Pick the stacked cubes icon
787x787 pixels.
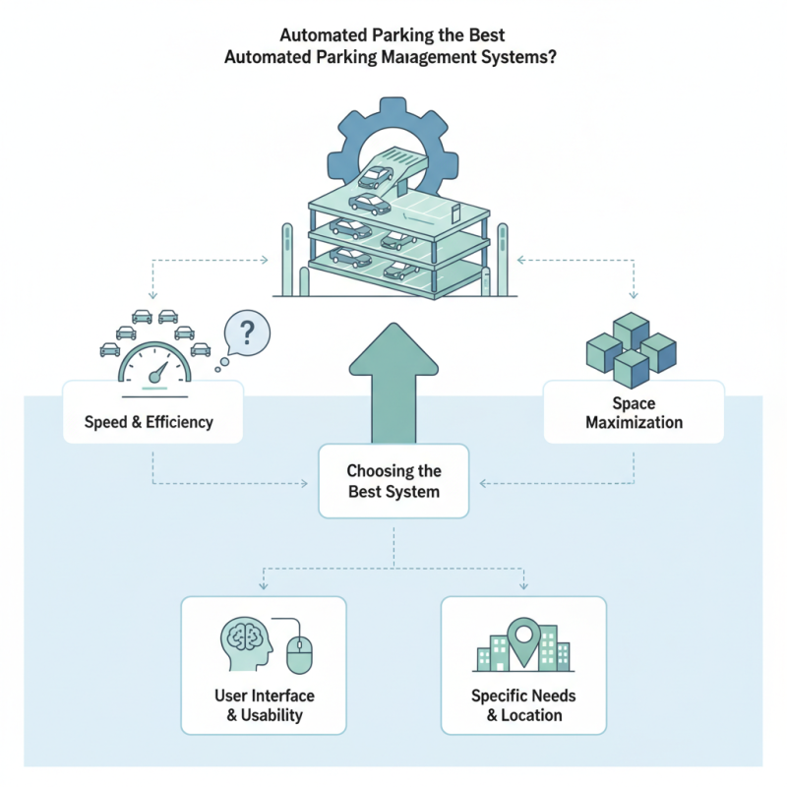click(631, 349)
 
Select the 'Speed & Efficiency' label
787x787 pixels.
click(151, 424)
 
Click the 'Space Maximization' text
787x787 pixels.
click(634, 413)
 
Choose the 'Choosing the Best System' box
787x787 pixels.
click(393, 480)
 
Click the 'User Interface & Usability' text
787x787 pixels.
click(264, 705)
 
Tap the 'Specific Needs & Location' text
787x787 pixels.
click(523, 705)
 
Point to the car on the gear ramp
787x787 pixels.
click(374, 178)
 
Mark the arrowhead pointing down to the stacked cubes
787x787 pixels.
click(633, 295)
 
